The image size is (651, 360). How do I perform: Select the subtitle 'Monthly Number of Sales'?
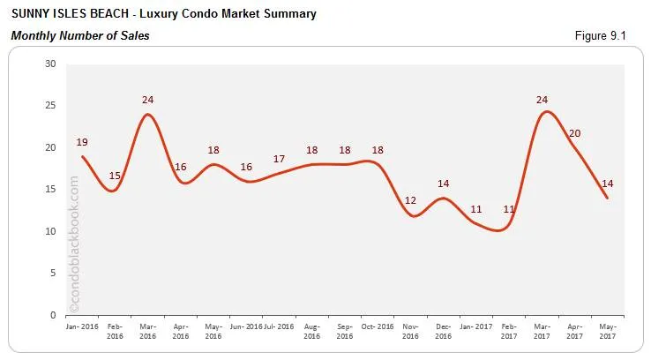click(80, 35)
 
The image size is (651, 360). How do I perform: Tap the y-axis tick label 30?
click(49, 64)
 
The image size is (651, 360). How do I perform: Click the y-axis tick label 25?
click(49, 106)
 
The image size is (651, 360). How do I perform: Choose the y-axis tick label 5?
click(52, 274)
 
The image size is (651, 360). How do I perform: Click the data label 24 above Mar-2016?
click(148, 100)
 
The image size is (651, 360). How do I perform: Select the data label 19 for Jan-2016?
click(82, 142)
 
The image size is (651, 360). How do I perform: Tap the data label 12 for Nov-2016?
click(410, 200)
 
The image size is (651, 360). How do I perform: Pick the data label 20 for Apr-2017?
click(575, 133)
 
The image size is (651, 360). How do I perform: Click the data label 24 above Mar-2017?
click(542, 100)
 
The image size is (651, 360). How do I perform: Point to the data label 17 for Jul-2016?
click(279, 159)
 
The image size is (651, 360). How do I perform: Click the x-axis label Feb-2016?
click(115, 331)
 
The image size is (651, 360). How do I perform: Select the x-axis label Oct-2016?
click(378, 326)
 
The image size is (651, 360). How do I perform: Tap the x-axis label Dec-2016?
click(444, 331)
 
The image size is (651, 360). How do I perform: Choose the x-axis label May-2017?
click(608, 331)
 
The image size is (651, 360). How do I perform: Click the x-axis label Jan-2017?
click(476, 326)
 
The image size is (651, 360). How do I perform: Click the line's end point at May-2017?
click(608, 198)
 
